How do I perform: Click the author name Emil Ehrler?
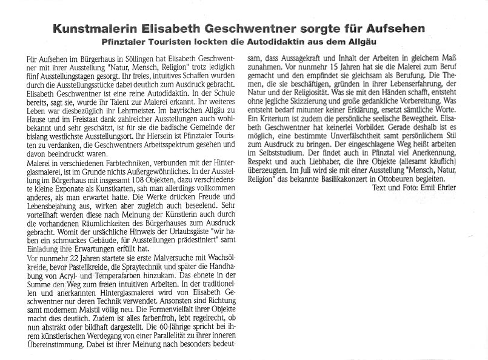441,187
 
